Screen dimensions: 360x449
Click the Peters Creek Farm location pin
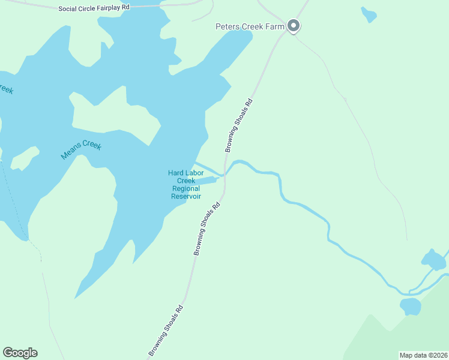pyautogui.click(x=294, y=25)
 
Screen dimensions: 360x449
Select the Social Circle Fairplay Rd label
pyautogui.click(x=94, y=8)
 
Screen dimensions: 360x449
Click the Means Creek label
pyautogui.click(x=81, y=150)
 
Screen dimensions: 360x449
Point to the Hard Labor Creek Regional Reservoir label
pyautogui.click(x=185, y=185)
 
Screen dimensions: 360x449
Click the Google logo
pyautogui.click(x=20, y=353)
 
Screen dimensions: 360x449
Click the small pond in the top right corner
pyautogui.click(x=369, y=14)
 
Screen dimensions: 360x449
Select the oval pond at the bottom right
pyautogui.click(x=411, y=306)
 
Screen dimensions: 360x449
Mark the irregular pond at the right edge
pyautogui.click(x=433, y=259)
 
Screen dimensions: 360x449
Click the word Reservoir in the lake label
pyautogui.click(x=185, y=196)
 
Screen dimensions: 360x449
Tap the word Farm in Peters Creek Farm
pyautogui.click(x=276, y=26)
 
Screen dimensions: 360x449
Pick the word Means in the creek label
pyautogui.click(x=71, y=154)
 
